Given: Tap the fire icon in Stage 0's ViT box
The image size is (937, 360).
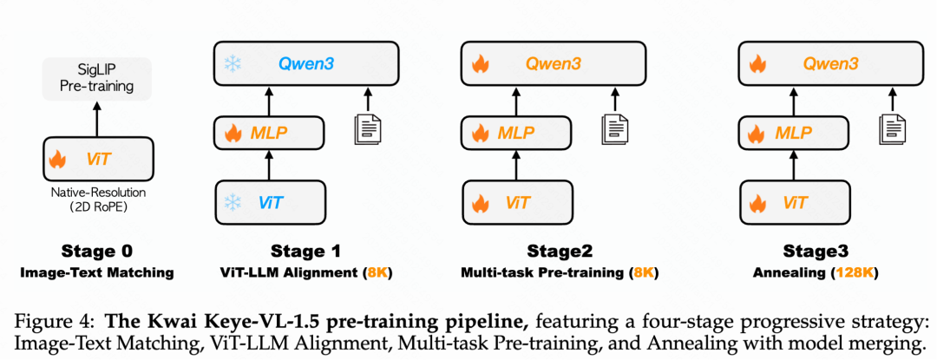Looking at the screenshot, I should pyautogui.click(x=58, y=159).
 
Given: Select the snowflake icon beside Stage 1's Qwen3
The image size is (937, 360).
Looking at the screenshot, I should pyautogui.click(x=233, y=63).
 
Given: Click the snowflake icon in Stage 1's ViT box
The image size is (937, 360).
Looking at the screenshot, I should pyautogui.click(x=233, y=202).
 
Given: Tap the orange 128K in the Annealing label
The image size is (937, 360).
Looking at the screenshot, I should pyautogui.click(x=855, y=272).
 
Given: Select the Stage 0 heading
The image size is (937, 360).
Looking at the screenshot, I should pyautogui.click(x=98, y=252).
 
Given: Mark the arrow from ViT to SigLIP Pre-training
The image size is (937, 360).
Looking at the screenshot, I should pyautogui.click(x=98, y=118).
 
